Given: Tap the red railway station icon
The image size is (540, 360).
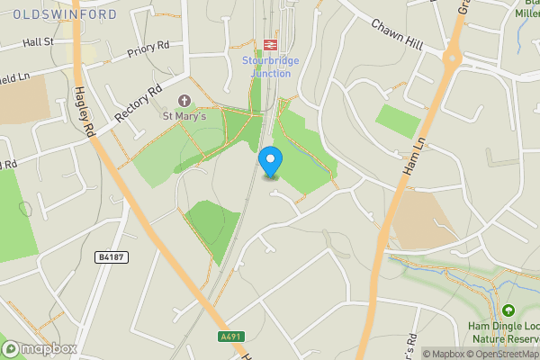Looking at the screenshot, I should (268, 44).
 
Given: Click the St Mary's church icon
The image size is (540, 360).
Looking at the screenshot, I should (185, 100).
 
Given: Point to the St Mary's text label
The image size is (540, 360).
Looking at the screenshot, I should (184, 115).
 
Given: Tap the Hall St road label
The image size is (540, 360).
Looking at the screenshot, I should (39, 42).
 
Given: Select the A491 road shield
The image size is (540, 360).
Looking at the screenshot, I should (231, 337).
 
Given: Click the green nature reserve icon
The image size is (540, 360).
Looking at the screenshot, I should (508, 310).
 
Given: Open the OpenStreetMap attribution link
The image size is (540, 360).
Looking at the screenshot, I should (504, 354).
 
